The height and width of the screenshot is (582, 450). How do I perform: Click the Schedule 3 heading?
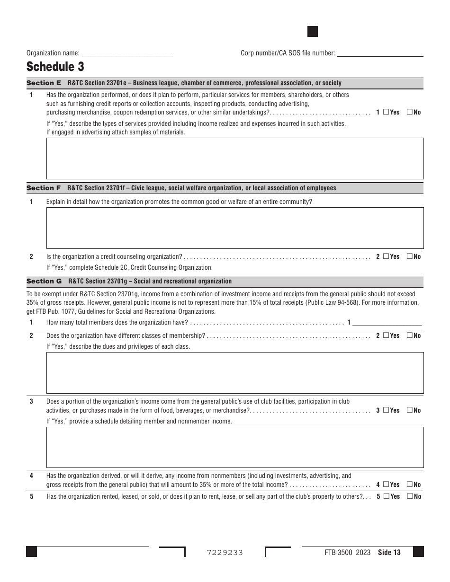pyautogui.click(x=55, y=66)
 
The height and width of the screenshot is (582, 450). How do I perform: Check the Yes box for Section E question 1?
pyautogui.click(x=386, y=112)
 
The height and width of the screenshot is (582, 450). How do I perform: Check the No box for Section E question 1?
pyautogui.click(x=410, y=112)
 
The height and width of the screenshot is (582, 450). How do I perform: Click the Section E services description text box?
pyautogui.click(x=234, y=158)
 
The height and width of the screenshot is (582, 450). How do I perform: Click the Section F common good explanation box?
pyautogui.click(x=234, y=228)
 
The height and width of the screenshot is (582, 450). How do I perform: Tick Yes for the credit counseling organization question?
pyautogui.click(x=386, y=256)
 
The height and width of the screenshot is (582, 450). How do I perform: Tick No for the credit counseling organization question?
pyautogui.click(x=410, y=256)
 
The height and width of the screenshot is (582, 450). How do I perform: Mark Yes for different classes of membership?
pyautogui.click(x=386, y=335)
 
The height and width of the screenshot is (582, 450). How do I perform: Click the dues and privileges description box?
pyautogui.click(x=234, y=372)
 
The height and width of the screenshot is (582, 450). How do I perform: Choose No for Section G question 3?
pyautogui.click(x=410, y=410)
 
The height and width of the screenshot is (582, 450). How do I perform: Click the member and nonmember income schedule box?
pyautogui.click(x=234, y=447)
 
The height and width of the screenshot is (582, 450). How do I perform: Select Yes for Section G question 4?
pyautogui.click(x=386, y=485)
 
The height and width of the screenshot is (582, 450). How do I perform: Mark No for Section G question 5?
pyautogui.click(x=410, y=496)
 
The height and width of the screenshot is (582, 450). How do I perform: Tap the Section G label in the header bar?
pyautogui.click(x=44, y=281)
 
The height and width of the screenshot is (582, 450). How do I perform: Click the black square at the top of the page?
pyautogui.click(x=313, y=32)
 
